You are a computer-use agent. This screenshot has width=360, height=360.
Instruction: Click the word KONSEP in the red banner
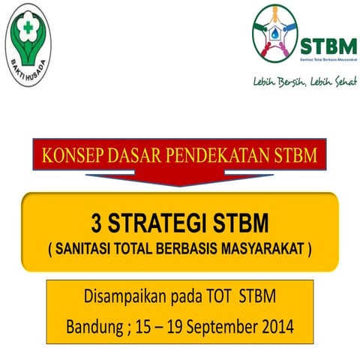point(76,158)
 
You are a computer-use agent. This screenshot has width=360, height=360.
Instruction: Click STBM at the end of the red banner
point(298,158)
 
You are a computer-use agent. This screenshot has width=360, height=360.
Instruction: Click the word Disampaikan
point(118,298)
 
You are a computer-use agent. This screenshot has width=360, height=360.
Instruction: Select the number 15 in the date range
point(140,327)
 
